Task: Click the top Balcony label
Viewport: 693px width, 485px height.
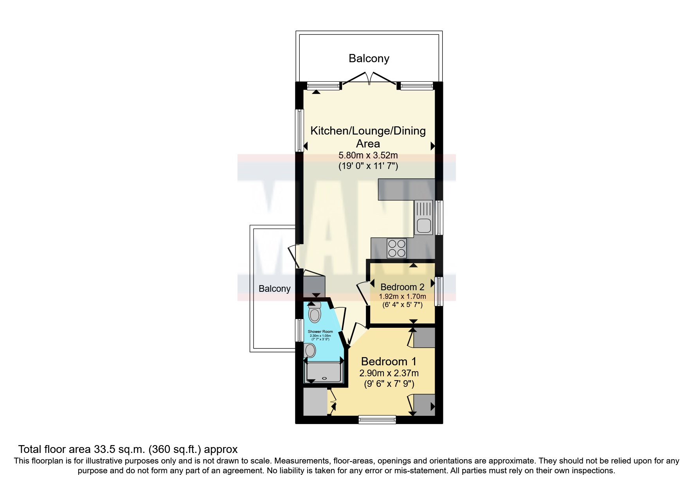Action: tap(369, 59)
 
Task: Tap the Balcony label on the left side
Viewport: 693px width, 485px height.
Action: tap(274, 289)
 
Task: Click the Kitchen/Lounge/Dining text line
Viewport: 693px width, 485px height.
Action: tap(368, 131)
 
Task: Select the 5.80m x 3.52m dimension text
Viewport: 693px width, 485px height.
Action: tap(368, 156)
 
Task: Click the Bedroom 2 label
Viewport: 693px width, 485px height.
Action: tap(402, 287)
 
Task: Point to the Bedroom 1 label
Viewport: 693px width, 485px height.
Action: tap(389, 361)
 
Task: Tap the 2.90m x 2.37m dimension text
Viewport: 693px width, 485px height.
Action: tap(389, 374)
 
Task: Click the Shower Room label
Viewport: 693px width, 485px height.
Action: tap(320, 332)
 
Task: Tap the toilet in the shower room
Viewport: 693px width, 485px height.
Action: tap(315, 313)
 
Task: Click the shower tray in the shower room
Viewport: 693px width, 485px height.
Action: tap(324, 372)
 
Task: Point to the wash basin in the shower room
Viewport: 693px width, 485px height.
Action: tap(310, 351)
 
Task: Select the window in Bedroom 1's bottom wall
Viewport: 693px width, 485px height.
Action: tap(377, 420)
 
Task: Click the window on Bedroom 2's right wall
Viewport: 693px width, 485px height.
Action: tap(439, 291)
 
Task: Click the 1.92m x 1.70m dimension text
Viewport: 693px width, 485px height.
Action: tap(402, 296)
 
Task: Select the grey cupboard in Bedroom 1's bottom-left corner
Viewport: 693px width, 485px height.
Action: tap(315, 402)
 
